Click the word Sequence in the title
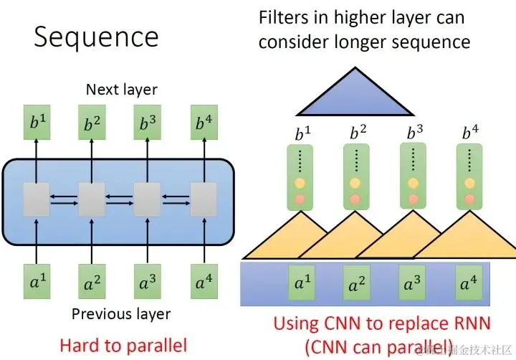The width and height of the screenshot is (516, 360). [96, 37]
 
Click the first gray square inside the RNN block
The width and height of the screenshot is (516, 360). [35, 199]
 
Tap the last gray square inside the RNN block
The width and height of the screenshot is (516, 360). [204, 199]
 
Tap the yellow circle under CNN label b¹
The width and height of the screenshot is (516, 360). [300, 183]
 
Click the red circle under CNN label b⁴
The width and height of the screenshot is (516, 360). [469, 197]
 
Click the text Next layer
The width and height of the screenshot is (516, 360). [121, 90]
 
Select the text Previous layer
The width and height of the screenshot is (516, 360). [121, 313]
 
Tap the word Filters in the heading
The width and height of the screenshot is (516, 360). [285, 16]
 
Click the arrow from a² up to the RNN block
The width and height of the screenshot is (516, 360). [91, 244]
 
